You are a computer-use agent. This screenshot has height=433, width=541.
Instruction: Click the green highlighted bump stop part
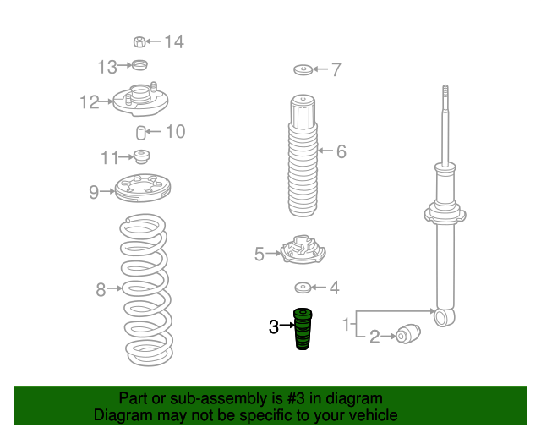coord(303,329)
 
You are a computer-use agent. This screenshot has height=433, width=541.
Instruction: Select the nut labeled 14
coord(139,41)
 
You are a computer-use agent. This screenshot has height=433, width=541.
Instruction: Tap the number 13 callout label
coord(107,67)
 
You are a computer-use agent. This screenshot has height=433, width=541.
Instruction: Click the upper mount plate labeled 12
coord(140,100)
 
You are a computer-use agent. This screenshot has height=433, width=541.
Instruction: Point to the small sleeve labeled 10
coord(141,133)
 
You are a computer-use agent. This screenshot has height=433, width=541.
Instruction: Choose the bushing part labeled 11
coord(141,156)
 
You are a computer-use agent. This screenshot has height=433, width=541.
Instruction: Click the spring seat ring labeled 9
coord(142,189)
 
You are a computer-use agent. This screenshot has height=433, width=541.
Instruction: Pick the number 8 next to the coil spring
coord(101,289)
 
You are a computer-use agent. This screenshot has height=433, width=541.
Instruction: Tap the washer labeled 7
coord(303,69)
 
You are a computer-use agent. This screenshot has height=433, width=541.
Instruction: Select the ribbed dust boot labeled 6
coord(303,156)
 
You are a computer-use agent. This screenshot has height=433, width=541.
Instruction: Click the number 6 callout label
coord(342,151)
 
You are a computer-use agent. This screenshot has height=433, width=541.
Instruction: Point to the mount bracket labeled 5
coord(303,249)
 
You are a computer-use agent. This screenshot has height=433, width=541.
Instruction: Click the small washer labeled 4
coord(303,288)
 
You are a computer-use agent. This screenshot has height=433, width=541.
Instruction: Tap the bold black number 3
coord(274,326)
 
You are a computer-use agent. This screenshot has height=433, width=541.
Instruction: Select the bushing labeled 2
coord(408,334)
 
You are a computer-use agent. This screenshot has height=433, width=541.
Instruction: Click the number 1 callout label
coord(346,325)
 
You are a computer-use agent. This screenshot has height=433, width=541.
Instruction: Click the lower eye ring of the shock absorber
coord(445,317)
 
